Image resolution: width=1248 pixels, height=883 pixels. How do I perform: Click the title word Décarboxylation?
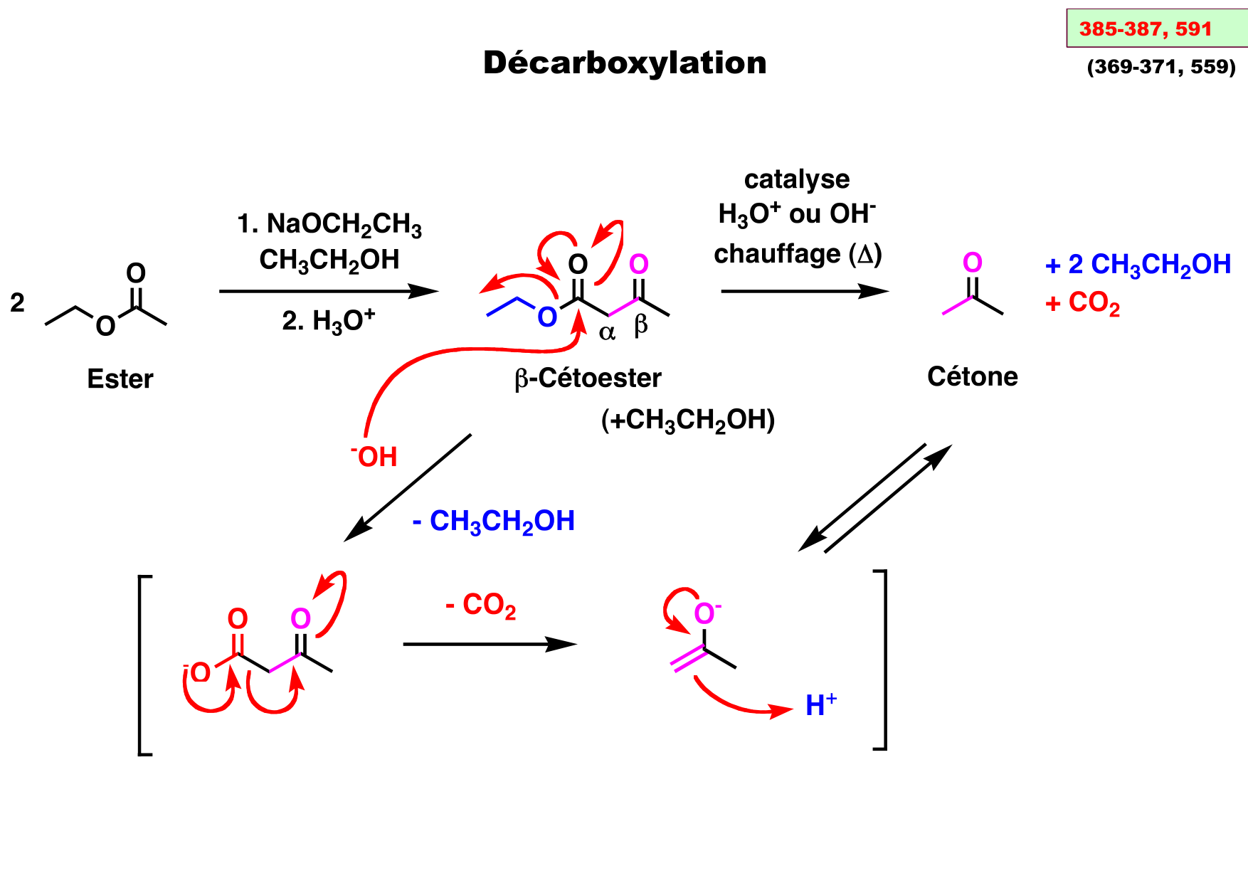[625, 63]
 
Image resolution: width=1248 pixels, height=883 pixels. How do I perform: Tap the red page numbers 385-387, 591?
[1145, 29]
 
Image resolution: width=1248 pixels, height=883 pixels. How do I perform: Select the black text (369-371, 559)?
[1161, 67]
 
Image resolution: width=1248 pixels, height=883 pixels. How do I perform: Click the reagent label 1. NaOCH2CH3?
[329, 224]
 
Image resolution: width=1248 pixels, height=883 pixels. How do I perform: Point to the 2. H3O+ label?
[328, 321]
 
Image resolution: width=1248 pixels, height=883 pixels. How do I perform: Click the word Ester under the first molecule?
[120, 379]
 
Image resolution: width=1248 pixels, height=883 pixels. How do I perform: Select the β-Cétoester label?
[588, 378]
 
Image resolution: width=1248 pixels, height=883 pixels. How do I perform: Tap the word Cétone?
[972, 376]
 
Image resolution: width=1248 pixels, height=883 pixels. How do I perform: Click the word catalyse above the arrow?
[797, 179]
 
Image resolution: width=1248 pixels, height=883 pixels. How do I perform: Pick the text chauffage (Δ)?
[798, 254]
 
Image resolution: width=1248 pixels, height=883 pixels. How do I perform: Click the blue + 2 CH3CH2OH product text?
[1138, 265]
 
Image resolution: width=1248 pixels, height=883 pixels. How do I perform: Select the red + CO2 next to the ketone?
[1082, 304]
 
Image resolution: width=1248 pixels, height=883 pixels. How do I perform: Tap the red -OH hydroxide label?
[374, 457]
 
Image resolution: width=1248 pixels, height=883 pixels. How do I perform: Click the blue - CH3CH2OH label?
[494, 522]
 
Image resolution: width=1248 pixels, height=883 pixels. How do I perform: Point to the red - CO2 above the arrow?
[480, 606]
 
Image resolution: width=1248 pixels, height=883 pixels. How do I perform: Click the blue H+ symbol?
[820, 705]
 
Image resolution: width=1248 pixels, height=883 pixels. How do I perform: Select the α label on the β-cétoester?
[607, 332]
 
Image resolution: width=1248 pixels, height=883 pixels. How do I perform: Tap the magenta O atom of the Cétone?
[972, 263]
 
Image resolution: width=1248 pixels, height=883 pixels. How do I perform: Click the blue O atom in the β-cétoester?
[546, 318]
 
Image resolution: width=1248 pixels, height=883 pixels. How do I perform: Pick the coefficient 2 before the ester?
[18, 303]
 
